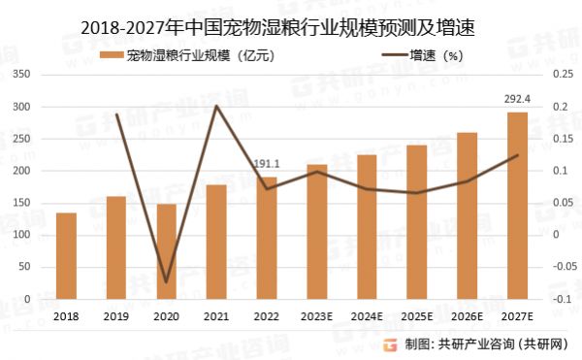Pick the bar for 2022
267,238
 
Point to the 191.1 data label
266,164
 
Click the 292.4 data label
517,98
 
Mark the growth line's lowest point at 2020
166,282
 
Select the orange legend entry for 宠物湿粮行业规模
194,55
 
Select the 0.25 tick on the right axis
560,75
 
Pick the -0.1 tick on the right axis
560,299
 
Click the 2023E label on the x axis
316,316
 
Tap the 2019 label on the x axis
115,316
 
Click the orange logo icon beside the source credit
389,343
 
